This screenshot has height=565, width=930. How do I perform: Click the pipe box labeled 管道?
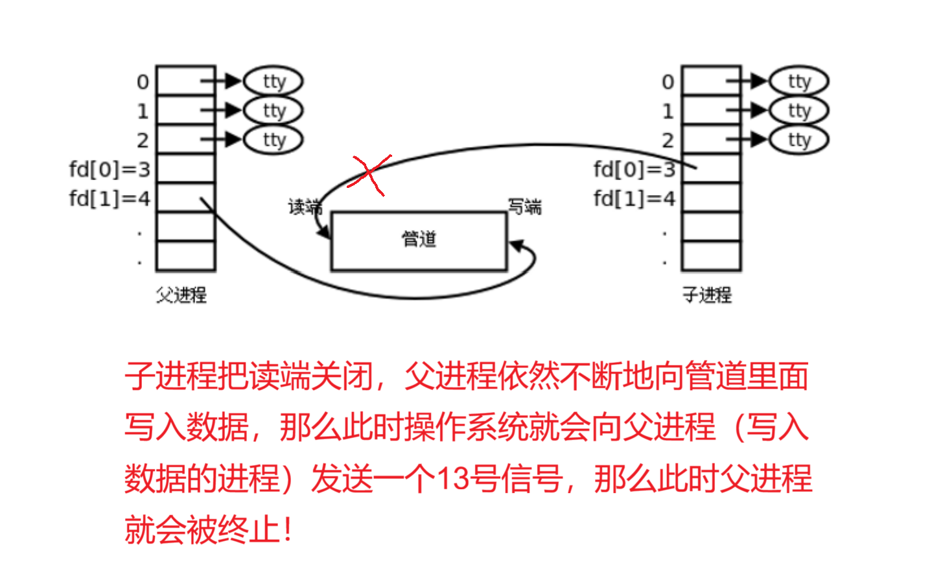click(419, 240)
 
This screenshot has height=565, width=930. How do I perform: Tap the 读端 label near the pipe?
click(305, 207)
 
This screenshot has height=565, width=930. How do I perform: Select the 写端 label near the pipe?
click(524, 207)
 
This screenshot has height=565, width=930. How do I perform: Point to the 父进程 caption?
click(181, 295)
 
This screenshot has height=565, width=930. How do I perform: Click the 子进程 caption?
click(707, 295)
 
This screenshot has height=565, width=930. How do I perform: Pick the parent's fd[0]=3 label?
click(110, 170)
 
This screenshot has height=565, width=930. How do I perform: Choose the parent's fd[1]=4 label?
click(110, 198)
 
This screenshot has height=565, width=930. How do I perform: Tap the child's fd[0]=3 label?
click(634, 170)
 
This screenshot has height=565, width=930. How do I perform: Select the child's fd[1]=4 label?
click(634, 198)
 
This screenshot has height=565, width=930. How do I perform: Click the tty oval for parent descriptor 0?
click(273, 82)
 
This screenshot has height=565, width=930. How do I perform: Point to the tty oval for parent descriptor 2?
click(273, 140)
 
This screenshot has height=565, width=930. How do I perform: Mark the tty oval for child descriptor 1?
click(799, 111)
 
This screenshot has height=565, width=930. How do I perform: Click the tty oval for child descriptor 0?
click(799, 82)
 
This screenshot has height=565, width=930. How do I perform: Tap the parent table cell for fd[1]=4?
click(185, 198)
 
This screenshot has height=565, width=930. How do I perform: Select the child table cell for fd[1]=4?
click(711, 198)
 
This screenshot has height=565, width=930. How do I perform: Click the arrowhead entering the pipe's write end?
click(516, 246)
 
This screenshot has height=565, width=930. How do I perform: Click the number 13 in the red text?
click(452, 479)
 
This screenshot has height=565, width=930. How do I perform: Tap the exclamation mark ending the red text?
click(288, 530)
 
